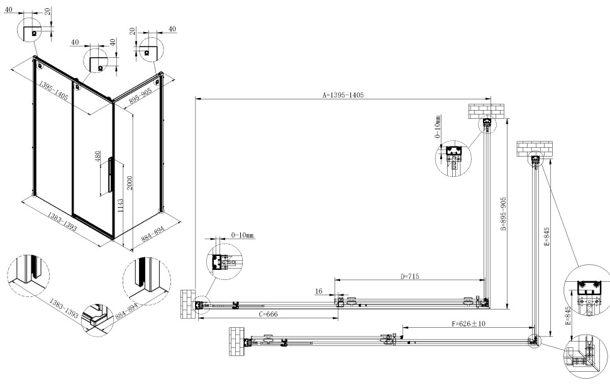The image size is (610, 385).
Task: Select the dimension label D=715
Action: click(409, 276)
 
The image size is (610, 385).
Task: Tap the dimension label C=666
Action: click(267, 315)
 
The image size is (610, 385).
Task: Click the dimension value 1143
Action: click(120, 207)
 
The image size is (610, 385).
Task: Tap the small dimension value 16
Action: click(319, 291)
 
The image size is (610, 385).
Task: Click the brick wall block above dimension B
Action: click(487, 111)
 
